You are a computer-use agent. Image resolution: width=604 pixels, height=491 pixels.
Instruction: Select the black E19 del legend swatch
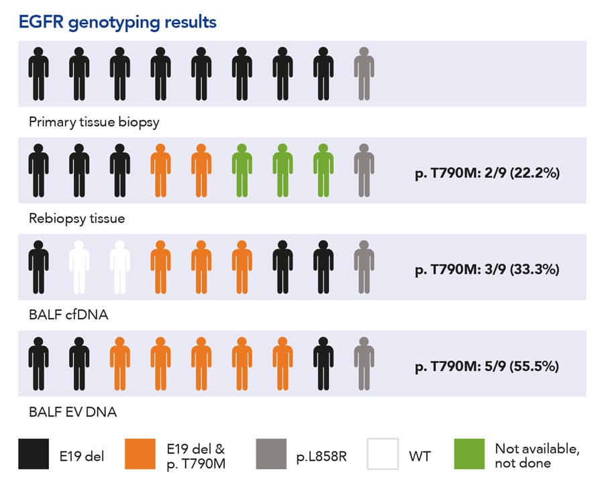click(34, 454)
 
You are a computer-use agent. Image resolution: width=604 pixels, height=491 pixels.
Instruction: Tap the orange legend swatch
click(141, 454)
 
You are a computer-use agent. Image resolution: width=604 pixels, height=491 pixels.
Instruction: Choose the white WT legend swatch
click(383, 454)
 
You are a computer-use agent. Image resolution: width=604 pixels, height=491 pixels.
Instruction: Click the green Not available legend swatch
click(470, 454)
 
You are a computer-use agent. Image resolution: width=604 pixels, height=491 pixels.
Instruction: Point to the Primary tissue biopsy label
click(94, 122)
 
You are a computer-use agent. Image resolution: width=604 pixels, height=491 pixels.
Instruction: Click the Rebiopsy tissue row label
click(77, 219)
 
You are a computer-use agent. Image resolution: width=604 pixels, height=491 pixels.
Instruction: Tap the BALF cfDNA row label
click(68, 315)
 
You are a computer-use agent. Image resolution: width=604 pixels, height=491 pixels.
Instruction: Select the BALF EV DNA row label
click(72, 412)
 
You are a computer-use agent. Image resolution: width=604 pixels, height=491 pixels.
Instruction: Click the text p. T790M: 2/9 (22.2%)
click(487, 173)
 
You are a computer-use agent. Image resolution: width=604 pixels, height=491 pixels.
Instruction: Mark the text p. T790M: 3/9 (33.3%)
click(487, 270)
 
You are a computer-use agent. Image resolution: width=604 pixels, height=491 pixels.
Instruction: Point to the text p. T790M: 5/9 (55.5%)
click(487, 366)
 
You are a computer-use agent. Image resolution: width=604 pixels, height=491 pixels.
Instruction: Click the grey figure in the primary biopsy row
click(364, 74)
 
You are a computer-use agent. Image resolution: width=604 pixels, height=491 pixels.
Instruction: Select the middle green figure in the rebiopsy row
click(283, 170)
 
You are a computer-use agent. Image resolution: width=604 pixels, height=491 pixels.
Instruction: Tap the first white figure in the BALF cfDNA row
click(79, 267)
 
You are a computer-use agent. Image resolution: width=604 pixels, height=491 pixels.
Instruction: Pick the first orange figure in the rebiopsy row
click(160, 170)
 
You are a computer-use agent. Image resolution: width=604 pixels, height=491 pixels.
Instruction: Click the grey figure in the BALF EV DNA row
click(364, 364)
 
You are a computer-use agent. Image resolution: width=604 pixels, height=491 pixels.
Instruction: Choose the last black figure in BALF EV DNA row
click(323, 364)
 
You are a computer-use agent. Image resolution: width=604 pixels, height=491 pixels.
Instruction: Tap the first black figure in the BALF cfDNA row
click(38, 267)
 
